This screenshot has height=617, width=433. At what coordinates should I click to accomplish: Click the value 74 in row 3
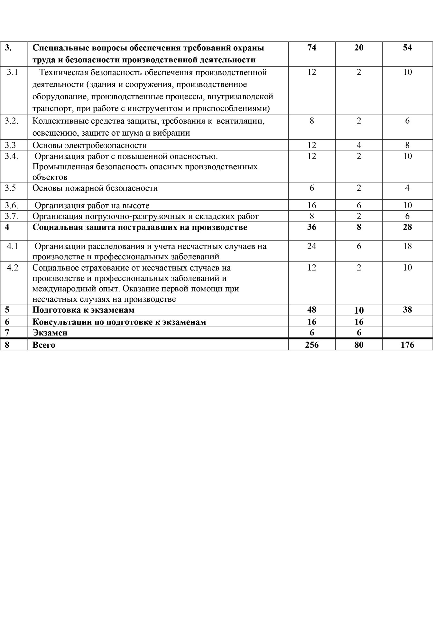[x=311, y=48]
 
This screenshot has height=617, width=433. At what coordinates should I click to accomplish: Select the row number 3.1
[x=13, y=72]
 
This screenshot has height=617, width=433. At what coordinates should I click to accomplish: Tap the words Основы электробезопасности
[x=89, y=145]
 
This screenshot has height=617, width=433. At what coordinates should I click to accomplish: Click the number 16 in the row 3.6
[x=311, y=205]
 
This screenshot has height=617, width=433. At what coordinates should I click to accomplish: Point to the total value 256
[x=311, y=345]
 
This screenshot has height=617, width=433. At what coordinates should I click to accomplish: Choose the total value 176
[x=407, y=345]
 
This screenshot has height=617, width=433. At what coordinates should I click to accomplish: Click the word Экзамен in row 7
[x=50, y=333]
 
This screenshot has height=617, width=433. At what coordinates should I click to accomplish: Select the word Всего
[x=44, y=345]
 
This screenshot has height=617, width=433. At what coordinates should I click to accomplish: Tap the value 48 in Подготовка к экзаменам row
[x=311, y=310]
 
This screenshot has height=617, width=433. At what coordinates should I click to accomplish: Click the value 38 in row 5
[x=407, y=310]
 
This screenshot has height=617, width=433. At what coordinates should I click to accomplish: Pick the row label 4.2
[x=13, y=268]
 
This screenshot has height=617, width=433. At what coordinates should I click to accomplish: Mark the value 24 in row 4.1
[x=311, y=246]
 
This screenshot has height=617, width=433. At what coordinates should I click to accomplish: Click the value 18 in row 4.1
[x=407, y=246]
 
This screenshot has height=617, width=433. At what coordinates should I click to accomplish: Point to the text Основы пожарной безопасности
[x=95, y=188]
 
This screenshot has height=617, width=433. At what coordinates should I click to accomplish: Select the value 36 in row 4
[x=311, y=227]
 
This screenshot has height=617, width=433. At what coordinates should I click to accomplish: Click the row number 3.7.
[x=11, y=216]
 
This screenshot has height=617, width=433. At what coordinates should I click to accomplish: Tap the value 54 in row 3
[x=407, y=48]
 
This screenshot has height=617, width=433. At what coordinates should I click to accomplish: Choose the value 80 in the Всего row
[x=359, y=345]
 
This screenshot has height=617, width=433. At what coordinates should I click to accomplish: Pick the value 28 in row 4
[x=407, y=227]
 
